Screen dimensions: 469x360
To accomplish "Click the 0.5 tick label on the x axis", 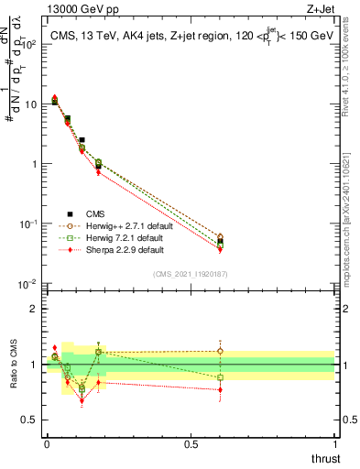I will (190, 443).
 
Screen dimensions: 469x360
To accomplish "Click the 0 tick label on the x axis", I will (47, 443).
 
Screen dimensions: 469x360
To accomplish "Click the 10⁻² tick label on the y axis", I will (28, 284).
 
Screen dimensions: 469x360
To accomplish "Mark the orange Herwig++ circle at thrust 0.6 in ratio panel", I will (220, 351).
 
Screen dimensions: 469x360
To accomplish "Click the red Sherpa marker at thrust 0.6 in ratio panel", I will (220, 389).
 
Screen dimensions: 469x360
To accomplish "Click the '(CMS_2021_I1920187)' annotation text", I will (191, 273).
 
